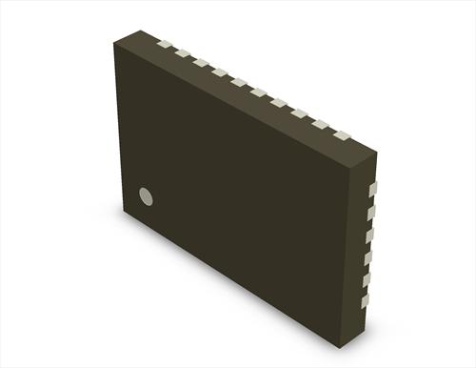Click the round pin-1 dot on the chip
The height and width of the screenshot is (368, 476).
pos(146,195)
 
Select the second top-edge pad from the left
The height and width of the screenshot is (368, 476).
pos(181,53)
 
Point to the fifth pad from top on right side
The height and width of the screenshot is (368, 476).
pos(366,279)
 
